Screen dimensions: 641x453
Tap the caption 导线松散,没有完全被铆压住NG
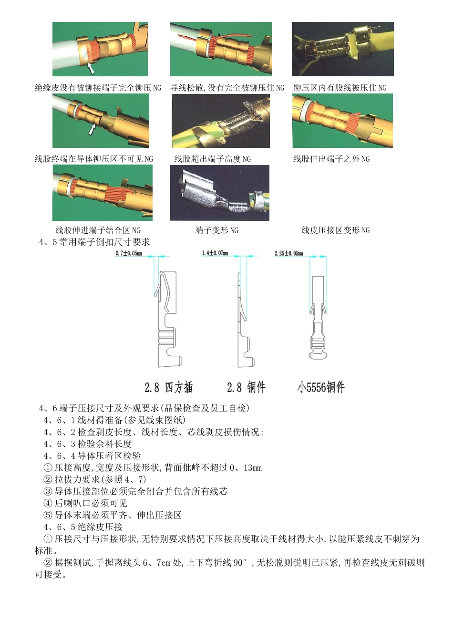(227, 88)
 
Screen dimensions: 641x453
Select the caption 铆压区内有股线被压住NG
(340, 88)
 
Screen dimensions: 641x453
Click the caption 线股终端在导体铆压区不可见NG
(94, 159)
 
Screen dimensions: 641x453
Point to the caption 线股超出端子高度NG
(212, 159)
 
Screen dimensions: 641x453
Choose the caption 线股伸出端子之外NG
(331, 159)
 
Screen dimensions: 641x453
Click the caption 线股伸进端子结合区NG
(98, 230)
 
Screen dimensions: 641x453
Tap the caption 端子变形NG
(216, 230)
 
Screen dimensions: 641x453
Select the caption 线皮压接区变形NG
(335, 230)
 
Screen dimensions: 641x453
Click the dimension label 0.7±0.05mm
(129, 253)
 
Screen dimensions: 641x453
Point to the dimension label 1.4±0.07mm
(215, 253)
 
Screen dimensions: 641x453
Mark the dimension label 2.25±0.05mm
(288, 253)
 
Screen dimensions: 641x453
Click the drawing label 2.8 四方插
(168, 387)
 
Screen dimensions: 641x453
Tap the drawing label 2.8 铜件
(246, 387)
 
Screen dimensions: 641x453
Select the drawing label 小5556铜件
(320, 387)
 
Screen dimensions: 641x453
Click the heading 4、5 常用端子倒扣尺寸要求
(94, 242)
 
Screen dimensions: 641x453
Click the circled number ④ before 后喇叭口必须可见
(48, 503)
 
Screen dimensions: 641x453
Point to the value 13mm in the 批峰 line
(252, 468)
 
